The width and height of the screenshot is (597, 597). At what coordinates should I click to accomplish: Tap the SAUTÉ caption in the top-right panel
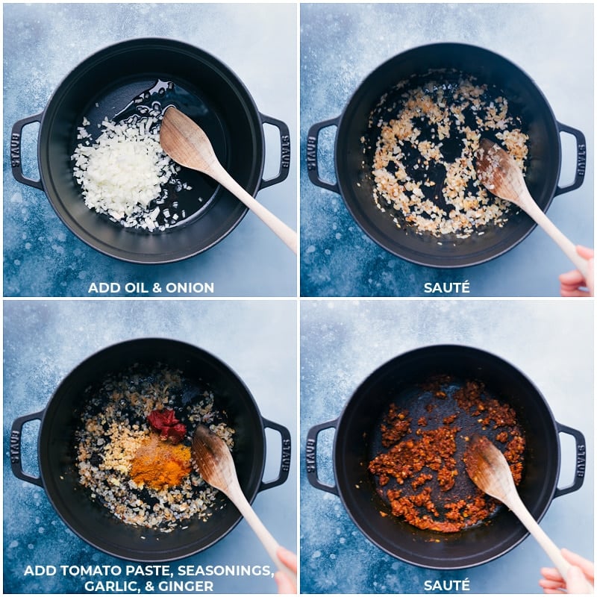[446, 287]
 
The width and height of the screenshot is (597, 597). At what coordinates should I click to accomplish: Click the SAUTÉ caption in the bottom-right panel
[446, 584]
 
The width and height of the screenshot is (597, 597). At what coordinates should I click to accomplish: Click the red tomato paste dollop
[166, 424]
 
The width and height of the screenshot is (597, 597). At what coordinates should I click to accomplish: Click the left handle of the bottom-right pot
[319, 454]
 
